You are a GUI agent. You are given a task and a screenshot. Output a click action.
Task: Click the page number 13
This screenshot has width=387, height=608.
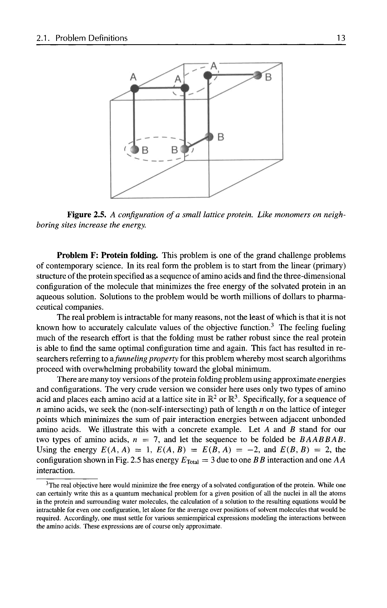tap(341, 38)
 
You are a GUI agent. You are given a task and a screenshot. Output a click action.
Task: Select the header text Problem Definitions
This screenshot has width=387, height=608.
tap(91, 38)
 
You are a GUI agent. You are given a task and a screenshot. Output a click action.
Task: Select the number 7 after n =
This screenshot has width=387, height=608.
tap(156, 440)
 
